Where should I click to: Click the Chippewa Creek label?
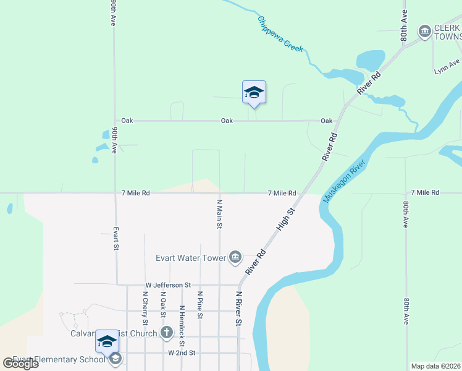point(280,33)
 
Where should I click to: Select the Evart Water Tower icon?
point(235,257)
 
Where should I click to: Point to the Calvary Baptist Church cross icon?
point(166,333)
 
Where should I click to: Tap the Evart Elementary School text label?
point(59,360)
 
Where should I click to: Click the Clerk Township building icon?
point(424,31)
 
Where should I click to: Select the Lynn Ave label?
point(447,64)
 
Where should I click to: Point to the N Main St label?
point(219,214)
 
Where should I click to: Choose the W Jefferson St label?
point(168,284)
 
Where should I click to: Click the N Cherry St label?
point(145,307)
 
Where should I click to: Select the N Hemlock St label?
point(182,325)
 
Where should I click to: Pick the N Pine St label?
point(199,305)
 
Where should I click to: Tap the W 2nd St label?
point(182,352)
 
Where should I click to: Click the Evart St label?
point(115,238)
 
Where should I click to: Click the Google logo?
point(20,364)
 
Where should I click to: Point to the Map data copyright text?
point(436,366)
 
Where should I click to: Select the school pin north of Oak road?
point(254,93)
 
